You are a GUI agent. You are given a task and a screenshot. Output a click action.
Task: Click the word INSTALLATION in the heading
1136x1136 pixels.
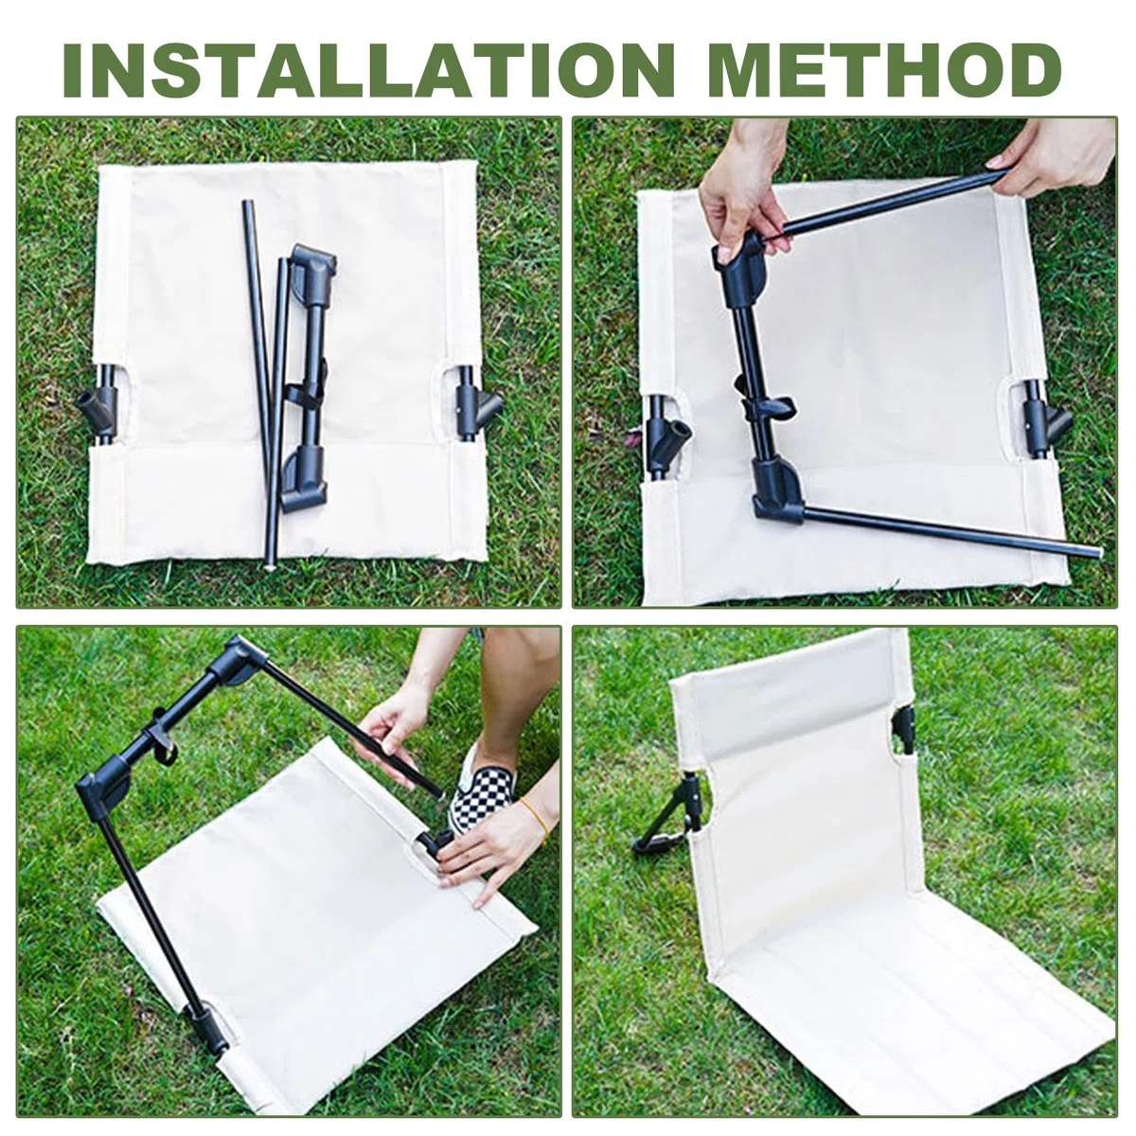pyautogui.click(x=368, y=71)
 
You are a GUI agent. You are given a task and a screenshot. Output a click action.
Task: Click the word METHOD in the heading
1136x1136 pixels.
pyautogui.click(x=886, y=71)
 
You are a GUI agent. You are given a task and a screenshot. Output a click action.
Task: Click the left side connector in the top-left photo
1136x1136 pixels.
pyautogui.click(x=100, y=404)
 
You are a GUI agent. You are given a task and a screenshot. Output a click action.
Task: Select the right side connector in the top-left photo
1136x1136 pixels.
pyautogui.click(x=476, y=404)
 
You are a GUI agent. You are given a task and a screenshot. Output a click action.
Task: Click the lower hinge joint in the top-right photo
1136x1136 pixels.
pyautogui.click(x=778, y=492)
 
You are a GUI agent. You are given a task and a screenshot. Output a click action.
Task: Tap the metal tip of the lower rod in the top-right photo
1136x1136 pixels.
pyautogui.click(x=1096, y=552)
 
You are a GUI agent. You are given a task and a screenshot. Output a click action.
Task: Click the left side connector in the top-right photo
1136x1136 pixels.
pyautogui.click(x=666, y=436)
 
